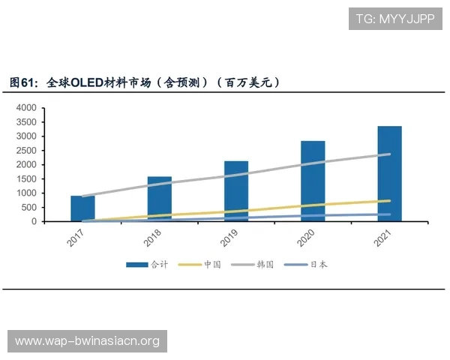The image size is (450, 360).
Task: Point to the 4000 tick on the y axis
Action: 26,108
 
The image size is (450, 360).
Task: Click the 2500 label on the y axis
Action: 26,151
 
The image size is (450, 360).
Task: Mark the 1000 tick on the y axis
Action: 26,193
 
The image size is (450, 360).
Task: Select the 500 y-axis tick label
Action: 28,208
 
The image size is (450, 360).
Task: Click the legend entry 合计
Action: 148,265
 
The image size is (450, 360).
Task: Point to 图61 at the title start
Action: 22,82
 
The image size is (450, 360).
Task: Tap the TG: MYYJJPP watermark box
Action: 395,19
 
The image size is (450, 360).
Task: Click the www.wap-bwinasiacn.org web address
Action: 87,341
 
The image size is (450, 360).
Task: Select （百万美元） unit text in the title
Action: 247,82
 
